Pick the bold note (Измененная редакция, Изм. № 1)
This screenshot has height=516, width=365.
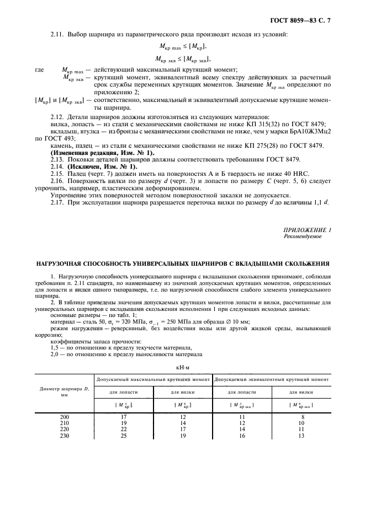pyautogui.click(x=103, y=152)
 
